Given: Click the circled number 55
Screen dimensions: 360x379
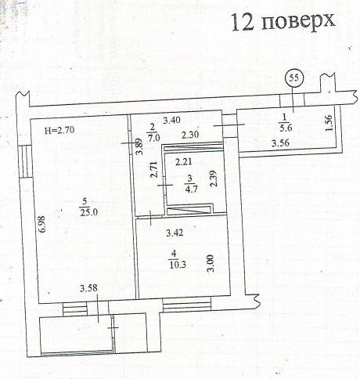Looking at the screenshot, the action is pyautogui.click(x=294, y=78).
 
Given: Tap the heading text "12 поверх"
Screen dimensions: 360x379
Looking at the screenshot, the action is pyautogui.click(x=283, y=21).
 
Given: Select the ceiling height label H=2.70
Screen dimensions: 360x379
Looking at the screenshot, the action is pyautogui.click(x=59, y=130).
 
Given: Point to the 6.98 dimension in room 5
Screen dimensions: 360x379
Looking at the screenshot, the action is pyautogui.click(x=43, y=224).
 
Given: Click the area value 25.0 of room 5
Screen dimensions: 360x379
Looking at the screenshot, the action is pyautogui.click(x=88, y=212).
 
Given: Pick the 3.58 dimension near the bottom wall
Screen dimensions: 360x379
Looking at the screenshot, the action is pyautogui.click(x=88, y=288).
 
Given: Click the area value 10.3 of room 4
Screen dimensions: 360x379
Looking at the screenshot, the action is pyautogui.click(x=178, y=265).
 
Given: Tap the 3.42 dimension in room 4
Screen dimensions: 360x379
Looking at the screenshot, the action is pyautogui.click(x=175, y=233).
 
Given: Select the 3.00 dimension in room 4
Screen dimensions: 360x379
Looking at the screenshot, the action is pyautogui.click(x=211, y=264).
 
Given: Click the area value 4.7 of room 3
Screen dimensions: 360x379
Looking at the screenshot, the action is pyautogui.click(x=191, y=189).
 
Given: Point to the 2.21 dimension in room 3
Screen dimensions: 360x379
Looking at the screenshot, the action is pyautogui.click(x=184, y=162).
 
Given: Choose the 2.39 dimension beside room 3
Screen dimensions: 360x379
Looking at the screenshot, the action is pyautogui.click(x=214, y=179).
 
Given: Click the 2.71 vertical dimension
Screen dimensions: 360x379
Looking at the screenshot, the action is pyautogui.click(x=154, y=170).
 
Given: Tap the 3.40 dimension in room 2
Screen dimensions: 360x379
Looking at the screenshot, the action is pyautogui.click(x=171, y=120).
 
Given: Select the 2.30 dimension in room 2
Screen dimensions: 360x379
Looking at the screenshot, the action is pyautogui.click(x=190, y=135).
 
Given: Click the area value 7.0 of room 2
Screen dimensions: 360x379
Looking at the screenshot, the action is pyautogui.click(x=153, y=137).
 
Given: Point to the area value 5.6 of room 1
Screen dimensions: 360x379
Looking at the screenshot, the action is pyautogui.click(x=286, y=128).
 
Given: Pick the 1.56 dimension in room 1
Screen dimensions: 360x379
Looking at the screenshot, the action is pyautogui.click(x=329, y=123).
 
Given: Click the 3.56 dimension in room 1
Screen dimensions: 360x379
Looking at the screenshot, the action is pyautogui.click(x=280, y=143).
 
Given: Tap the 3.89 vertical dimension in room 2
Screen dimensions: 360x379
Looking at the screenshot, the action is pyautogui.click(x=139, y=146).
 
